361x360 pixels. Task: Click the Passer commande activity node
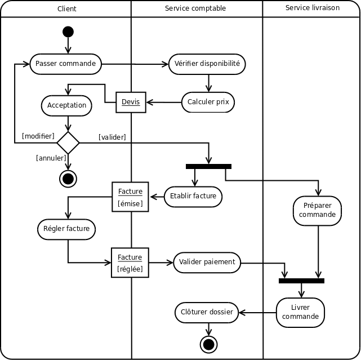[65, 64]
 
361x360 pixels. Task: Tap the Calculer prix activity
[208, 102]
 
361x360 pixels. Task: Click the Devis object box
[131, 102]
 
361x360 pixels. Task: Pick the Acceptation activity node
[67, 105]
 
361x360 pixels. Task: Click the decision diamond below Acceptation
[68, 142]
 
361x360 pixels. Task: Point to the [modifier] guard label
[38, 136]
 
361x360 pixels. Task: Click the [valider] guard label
[112, 137]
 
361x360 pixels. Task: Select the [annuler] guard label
[51, 158]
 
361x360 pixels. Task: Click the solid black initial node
[68, 32]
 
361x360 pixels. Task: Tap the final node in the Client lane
[68, 179]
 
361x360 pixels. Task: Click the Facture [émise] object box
[130, 197]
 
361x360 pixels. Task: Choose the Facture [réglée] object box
[130, 263]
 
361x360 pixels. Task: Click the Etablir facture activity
[193, 196]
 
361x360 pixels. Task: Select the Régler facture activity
[66, 229]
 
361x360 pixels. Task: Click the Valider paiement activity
[207, 261]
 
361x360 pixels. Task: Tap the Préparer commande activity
[317, 210]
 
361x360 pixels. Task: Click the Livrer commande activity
[300, 312]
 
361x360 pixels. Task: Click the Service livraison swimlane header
[311, 8]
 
